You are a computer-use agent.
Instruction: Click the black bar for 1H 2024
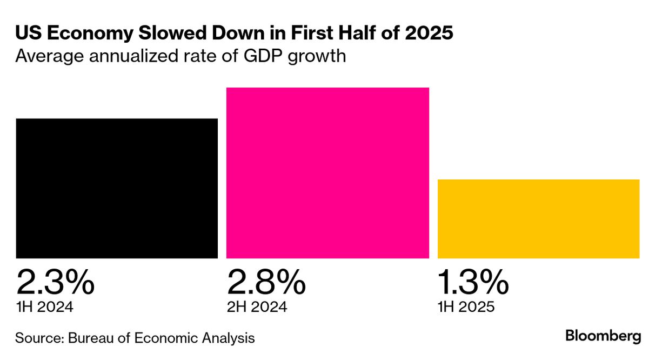pyautogui.click(x=117, y=188)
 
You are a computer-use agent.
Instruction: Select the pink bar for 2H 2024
pyautogui.click(x=327, y=173)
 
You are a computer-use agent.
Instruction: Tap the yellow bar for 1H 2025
pyautogui.click(x=538, y=219)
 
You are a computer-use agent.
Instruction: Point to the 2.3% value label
pyautogui.click(x=55, y=281)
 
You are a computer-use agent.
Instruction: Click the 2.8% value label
pyautogui.click(x=266, y=281)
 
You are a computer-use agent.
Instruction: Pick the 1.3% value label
pyautogui.click(x=473, y=281)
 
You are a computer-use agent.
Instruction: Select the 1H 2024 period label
pyautogui.click(x=44, y=307)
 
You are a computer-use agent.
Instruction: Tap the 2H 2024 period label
pyautogui.click(x=257, y=307)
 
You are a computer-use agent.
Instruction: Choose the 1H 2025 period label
pyautogui.click(x=466, y=307)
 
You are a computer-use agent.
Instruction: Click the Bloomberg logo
pyautogui.click(x=604, y=336)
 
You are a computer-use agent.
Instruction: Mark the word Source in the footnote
pyautogui.click(x=38, y=338)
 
